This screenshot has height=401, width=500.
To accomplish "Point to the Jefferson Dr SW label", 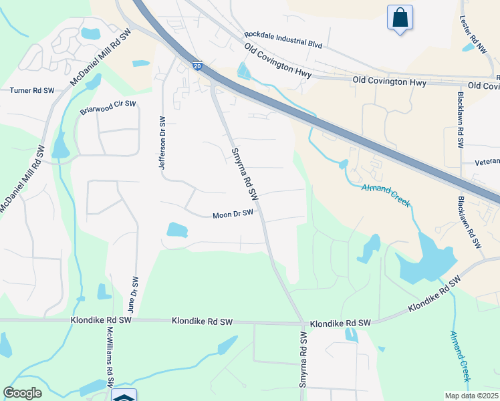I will [161, 142].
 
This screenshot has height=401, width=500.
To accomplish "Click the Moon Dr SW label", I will [233, 215].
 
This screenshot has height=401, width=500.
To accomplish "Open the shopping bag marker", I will [400, 17].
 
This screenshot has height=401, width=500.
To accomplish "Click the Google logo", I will [22, 393].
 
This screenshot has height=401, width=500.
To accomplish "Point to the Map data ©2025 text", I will [471, 396].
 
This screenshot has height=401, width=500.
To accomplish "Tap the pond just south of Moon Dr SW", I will [176, 230].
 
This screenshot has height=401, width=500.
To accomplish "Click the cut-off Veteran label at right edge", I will [487, 162].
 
